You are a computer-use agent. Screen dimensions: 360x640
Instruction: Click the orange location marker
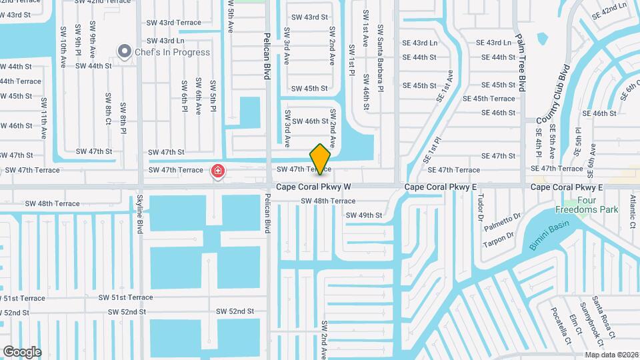(x=321, y=159)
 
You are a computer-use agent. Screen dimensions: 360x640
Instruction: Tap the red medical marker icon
(x=217, y=172)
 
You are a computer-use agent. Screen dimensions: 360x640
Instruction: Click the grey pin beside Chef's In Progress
(x=124, y=51)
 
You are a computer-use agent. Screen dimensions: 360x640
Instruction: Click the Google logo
(x=22, y=351)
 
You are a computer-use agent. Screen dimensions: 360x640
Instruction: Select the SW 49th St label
(x=364, y=215)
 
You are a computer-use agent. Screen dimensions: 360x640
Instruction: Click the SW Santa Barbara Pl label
(x=381, y=59)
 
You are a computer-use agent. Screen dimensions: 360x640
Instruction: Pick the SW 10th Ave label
(x=63, y=45)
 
